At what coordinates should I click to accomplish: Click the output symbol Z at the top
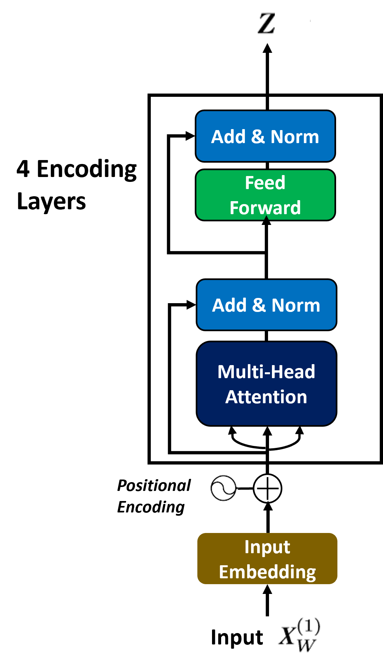click(267, 23)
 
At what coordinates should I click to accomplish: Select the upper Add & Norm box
click(265, 136)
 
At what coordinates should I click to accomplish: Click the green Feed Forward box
click(265, 195)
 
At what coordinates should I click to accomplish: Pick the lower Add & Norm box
click(266, 305)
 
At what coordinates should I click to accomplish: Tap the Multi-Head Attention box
click(266, 384)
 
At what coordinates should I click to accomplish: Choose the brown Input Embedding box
click(267, 559)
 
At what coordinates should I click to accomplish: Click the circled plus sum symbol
click(268, 488)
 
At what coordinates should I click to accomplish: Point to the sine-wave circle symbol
click(223, 488)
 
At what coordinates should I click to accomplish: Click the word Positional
click(154, 485)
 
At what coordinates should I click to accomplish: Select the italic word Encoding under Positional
click(151, 507)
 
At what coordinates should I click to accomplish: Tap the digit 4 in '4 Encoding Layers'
click(23, 169)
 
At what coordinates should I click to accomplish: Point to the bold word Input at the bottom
click(237, 638)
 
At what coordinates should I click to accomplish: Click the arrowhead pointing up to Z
click(267, 48)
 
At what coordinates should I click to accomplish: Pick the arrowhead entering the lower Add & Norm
click(191, 305)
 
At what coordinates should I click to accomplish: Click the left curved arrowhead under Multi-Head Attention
click(232, 430)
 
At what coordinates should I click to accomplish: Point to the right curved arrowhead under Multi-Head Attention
click(300, 430)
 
